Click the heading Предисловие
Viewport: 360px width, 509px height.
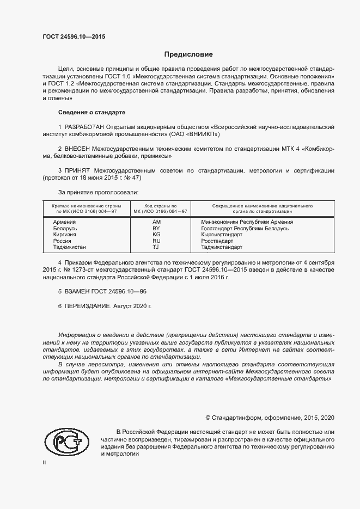[189, 54]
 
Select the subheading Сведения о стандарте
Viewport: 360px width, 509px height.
[91, 112]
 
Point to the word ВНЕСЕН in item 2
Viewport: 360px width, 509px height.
[80, 148]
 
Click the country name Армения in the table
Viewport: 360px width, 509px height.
[64, 222]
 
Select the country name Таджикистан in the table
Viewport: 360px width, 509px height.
[69, 247]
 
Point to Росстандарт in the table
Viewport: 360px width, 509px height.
[217, 241]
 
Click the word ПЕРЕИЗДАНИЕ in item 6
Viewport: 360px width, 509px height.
[87, 306]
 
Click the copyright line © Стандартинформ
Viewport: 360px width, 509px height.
[269, 418]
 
